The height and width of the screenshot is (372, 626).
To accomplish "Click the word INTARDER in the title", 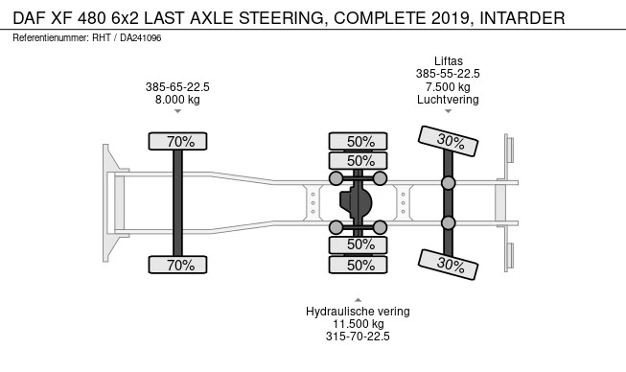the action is point(522,18).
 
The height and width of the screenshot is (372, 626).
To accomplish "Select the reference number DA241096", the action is point(141,38).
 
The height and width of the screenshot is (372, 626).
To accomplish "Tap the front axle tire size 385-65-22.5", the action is point(177,87).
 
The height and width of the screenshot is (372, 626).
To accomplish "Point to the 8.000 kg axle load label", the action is point(177,100).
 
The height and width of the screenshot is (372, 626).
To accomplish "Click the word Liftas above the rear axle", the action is point(449,61).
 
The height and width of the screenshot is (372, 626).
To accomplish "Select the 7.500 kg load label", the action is point(448,86).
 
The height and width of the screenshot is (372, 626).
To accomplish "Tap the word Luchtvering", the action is point(448,100).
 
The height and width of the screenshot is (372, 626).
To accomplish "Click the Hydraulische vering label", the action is point(358,312).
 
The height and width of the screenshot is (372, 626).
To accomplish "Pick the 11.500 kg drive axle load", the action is point(359,324).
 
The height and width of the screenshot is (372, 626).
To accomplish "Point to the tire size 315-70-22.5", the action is point(358,337).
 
